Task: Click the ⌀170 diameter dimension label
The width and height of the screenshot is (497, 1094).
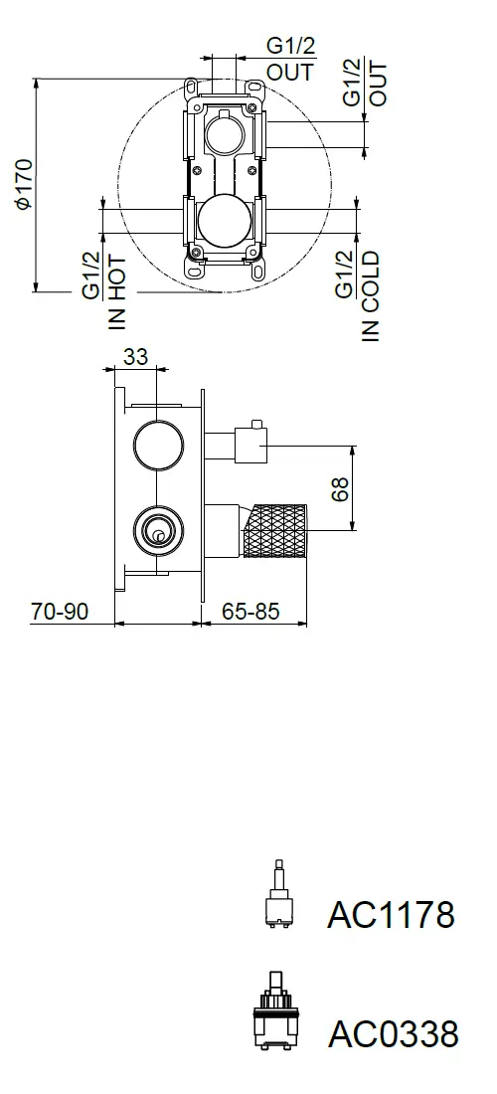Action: [x=23, y=184]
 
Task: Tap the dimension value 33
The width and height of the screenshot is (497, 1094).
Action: [x=136, y=356]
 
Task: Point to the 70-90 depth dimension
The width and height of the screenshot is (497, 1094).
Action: [x=60, y=612]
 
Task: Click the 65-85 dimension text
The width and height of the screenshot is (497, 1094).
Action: [x=250, y=612]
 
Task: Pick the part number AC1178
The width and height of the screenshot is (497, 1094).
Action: [x=391, y=914]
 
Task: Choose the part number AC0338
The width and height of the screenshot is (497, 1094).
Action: [x=394, y=1033]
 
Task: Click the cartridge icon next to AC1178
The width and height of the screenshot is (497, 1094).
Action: [x=279, y=894]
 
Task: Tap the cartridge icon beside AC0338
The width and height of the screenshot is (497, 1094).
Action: [x=276, y=1010]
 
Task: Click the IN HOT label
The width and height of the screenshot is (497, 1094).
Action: [x=117, y=292]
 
